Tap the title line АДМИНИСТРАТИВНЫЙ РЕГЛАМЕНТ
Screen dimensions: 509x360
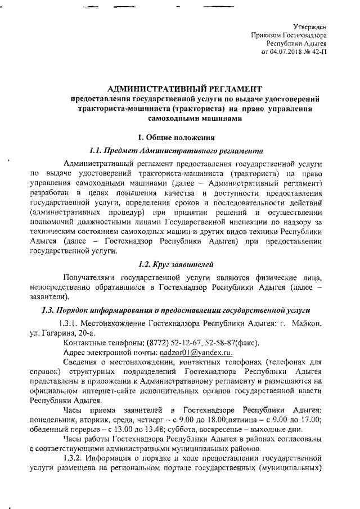coord(184,89)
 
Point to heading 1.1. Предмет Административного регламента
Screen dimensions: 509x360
coord(177,151)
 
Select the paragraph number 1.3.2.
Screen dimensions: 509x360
coord(75,457)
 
